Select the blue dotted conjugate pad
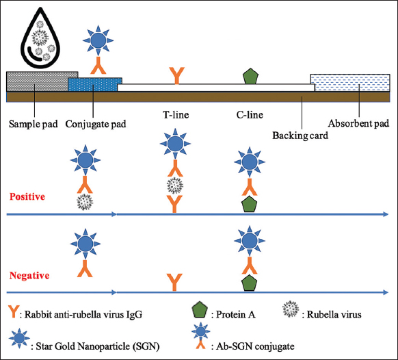click(x=95, y=84)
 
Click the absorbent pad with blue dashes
click(x=350, y=83)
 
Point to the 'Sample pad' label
click(x=34, y=124)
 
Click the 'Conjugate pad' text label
click(x=96, y=124)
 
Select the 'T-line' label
click(x=176, y=115)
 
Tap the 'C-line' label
click(x=250, y=115)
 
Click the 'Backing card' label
click(x=300, y=136)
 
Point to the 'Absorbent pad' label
click(x=358, y=123)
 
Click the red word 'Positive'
click(x=27, y=196)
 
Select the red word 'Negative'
click(x=29, y=275)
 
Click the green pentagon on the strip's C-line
click(x=250, y=76)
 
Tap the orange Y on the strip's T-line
click(x=176, y=76)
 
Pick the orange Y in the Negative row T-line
click(x=174, y=282)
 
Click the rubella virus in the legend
click(x=291, y=309)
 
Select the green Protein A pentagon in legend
click(x=200, y=310)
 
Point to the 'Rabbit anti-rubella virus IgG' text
click(x=83, y=315)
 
